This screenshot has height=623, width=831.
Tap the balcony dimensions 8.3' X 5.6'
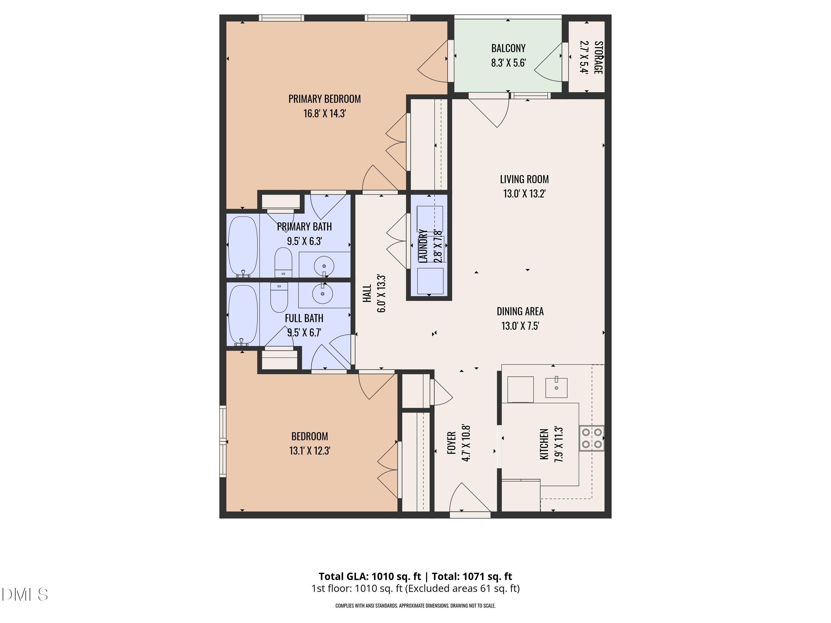pyautogui.click(x=508, y=63)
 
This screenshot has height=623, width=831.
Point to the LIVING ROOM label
pyautogui.click(x=524, y=179)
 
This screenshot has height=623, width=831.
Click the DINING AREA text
pyautogui.click(x=520, y=311)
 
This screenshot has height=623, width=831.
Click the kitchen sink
pyautogui.click(x=556, y=388)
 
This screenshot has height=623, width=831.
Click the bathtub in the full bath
pyautogui.click(x=243, y=315)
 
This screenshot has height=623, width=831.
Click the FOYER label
pyautogui.click(x=452, y=443)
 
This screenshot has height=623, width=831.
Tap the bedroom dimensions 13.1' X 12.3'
pyautogui.click(x=310, y=450)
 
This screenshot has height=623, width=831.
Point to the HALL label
pyautogui.click(x=367, y=293)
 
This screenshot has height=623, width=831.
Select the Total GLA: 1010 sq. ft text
pyautogui.click(x=370, y=576)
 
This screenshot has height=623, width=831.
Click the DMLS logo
pyautogui.click(x=25, y=594)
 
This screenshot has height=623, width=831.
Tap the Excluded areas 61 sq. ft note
pyautogui.click(x=463, y=588)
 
